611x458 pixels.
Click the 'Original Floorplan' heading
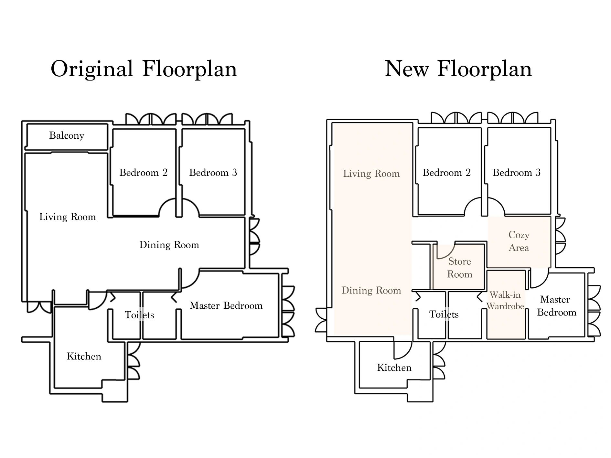144,69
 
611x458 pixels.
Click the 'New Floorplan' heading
458,69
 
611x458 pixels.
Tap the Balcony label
67,135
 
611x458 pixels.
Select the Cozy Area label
519,241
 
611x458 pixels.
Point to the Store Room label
459,268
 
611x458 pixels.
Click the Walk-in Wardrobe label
505,300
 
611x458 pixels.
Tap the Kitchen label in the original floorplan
84,356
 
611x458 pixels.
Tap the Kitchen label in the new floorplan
394,367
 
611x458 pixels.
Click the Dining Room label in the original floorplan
169,245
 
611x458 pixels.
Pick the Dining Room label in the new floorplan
371,290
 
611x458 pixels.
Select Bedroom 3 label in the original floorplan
213,172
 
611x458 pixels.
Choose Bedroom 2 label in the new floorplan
446,172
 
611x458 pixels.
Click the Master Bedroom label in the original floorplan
226,305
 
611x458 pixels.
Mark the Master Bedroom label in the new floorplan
556,306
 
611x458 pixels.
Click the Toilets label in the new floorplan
444,314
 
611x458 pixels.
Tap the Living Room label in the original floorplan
68,217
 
